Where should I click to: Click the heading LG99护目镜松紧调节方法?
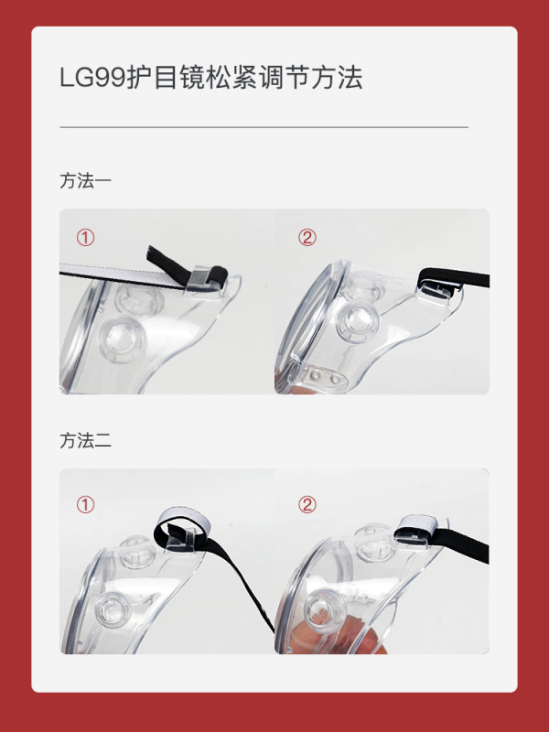211,78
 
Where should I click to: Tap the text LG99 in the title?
93,78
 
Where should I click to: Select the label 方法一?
85,181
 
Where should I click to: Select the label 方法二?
85,441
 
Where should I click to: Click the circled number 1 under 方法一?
85,238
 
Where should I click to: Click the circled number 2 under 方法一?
307,238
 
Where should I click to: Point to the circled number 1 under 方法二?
85,505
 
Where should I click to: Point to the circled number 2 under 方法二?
307,505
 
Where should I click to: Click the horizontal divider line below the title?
264,127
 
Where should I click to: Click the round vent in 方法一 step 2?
357,321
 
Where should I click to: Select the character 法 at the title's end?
350,78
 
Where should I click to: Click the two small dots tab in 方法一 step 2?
325,377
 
